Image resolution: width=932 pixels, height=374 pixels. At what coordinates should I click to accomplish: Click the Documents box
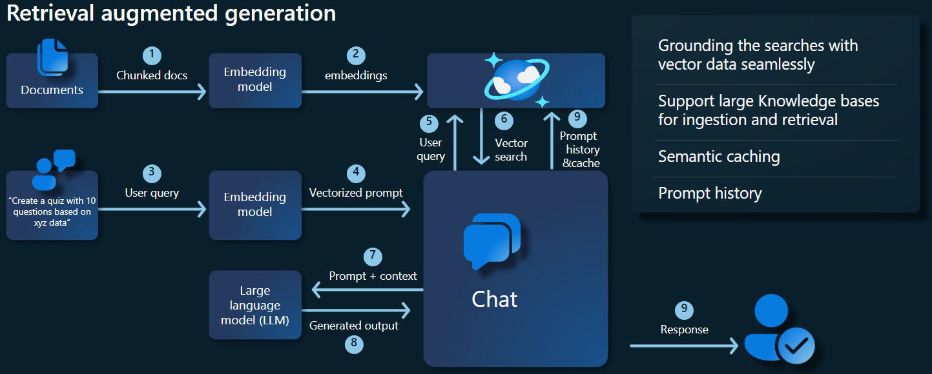52,81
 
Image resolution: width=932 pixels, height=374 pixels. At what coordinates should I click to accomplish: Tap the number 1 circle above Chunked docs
152,55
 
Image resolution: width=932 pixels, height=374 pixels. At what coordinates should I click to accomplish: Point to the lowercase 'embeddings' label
356,75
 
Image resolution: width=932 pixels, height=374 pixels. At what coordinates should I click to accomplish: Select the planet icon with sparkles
516,79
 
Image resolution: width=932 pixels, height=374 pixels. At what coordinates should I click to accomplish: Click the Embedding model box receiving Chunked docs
255,80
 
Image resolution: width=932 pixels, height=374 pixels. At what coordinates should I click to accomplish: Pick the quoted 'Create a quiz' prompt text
52,212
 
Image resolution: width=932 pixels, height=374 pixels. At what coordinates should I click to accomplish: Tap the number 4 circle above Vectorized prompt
356,173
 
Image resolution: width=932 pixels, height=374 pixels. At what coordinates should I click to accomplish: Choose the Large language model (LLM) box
255,305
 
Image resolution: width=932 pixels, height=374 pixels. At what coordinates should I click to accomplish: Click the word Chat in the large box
495,300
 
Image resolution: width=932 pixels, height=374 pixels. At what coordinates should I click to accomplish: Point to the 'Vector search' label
511,150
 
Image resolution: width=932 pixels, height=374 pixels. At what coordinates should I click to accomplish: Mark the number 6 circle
504,120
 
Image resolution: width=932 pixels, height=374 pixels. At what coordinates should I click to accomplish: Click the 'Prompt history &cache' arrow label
579,150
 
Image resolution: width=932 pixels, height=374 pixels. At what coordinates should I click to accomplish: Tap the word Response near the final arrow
684,330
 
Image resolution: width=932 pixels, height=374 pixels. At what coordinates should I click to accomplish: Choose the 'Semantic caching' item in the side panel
719,157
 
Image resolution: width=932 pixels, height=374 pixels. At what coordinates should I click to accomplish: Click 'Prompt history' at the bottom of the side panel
710,193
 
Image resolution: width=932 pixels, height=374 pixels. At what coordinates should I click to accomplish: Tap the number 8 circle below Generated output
354,344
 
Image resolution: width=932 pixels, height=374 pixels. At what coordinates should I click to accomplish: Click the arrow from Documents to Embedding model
152,92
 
